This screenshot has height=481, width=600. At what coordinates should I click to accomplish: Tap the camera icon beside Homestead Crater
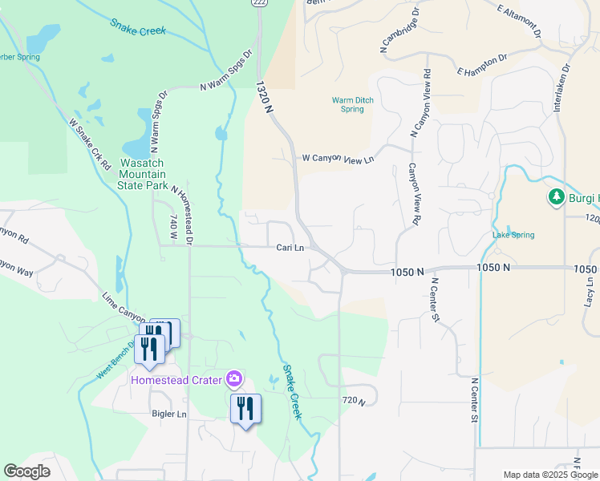[234, 378]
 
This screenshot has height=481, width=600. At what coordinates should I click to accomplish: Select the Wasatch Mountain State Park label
[143, 174]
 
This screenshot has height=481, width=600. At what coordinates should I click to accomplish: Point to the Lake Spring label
[513, 235]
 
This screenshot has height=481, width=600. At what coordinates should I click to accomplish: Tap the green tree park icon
[556, 196]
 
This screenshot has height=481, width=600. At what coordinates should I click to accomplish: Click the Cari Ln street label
[290, 248]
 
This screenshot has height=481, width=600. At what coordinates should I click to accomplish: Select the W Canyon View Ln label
[338, 160]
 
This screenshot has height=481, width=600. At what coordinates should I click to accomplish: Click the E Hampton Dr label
[483, 66]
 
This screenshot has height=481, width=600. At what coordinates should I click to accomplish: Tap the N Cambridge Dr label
[400, 32]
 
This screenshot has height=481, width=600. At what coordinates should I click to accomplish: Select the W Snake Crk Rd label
[89, 145]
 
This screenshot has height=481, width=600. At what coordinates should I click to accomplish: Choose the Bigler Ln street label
[168, 414]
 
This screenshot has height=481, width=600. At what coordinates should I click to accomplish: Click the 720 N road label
[353, 400]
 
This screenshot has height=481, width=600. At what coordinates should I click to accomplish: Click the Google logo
[26, 471]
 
